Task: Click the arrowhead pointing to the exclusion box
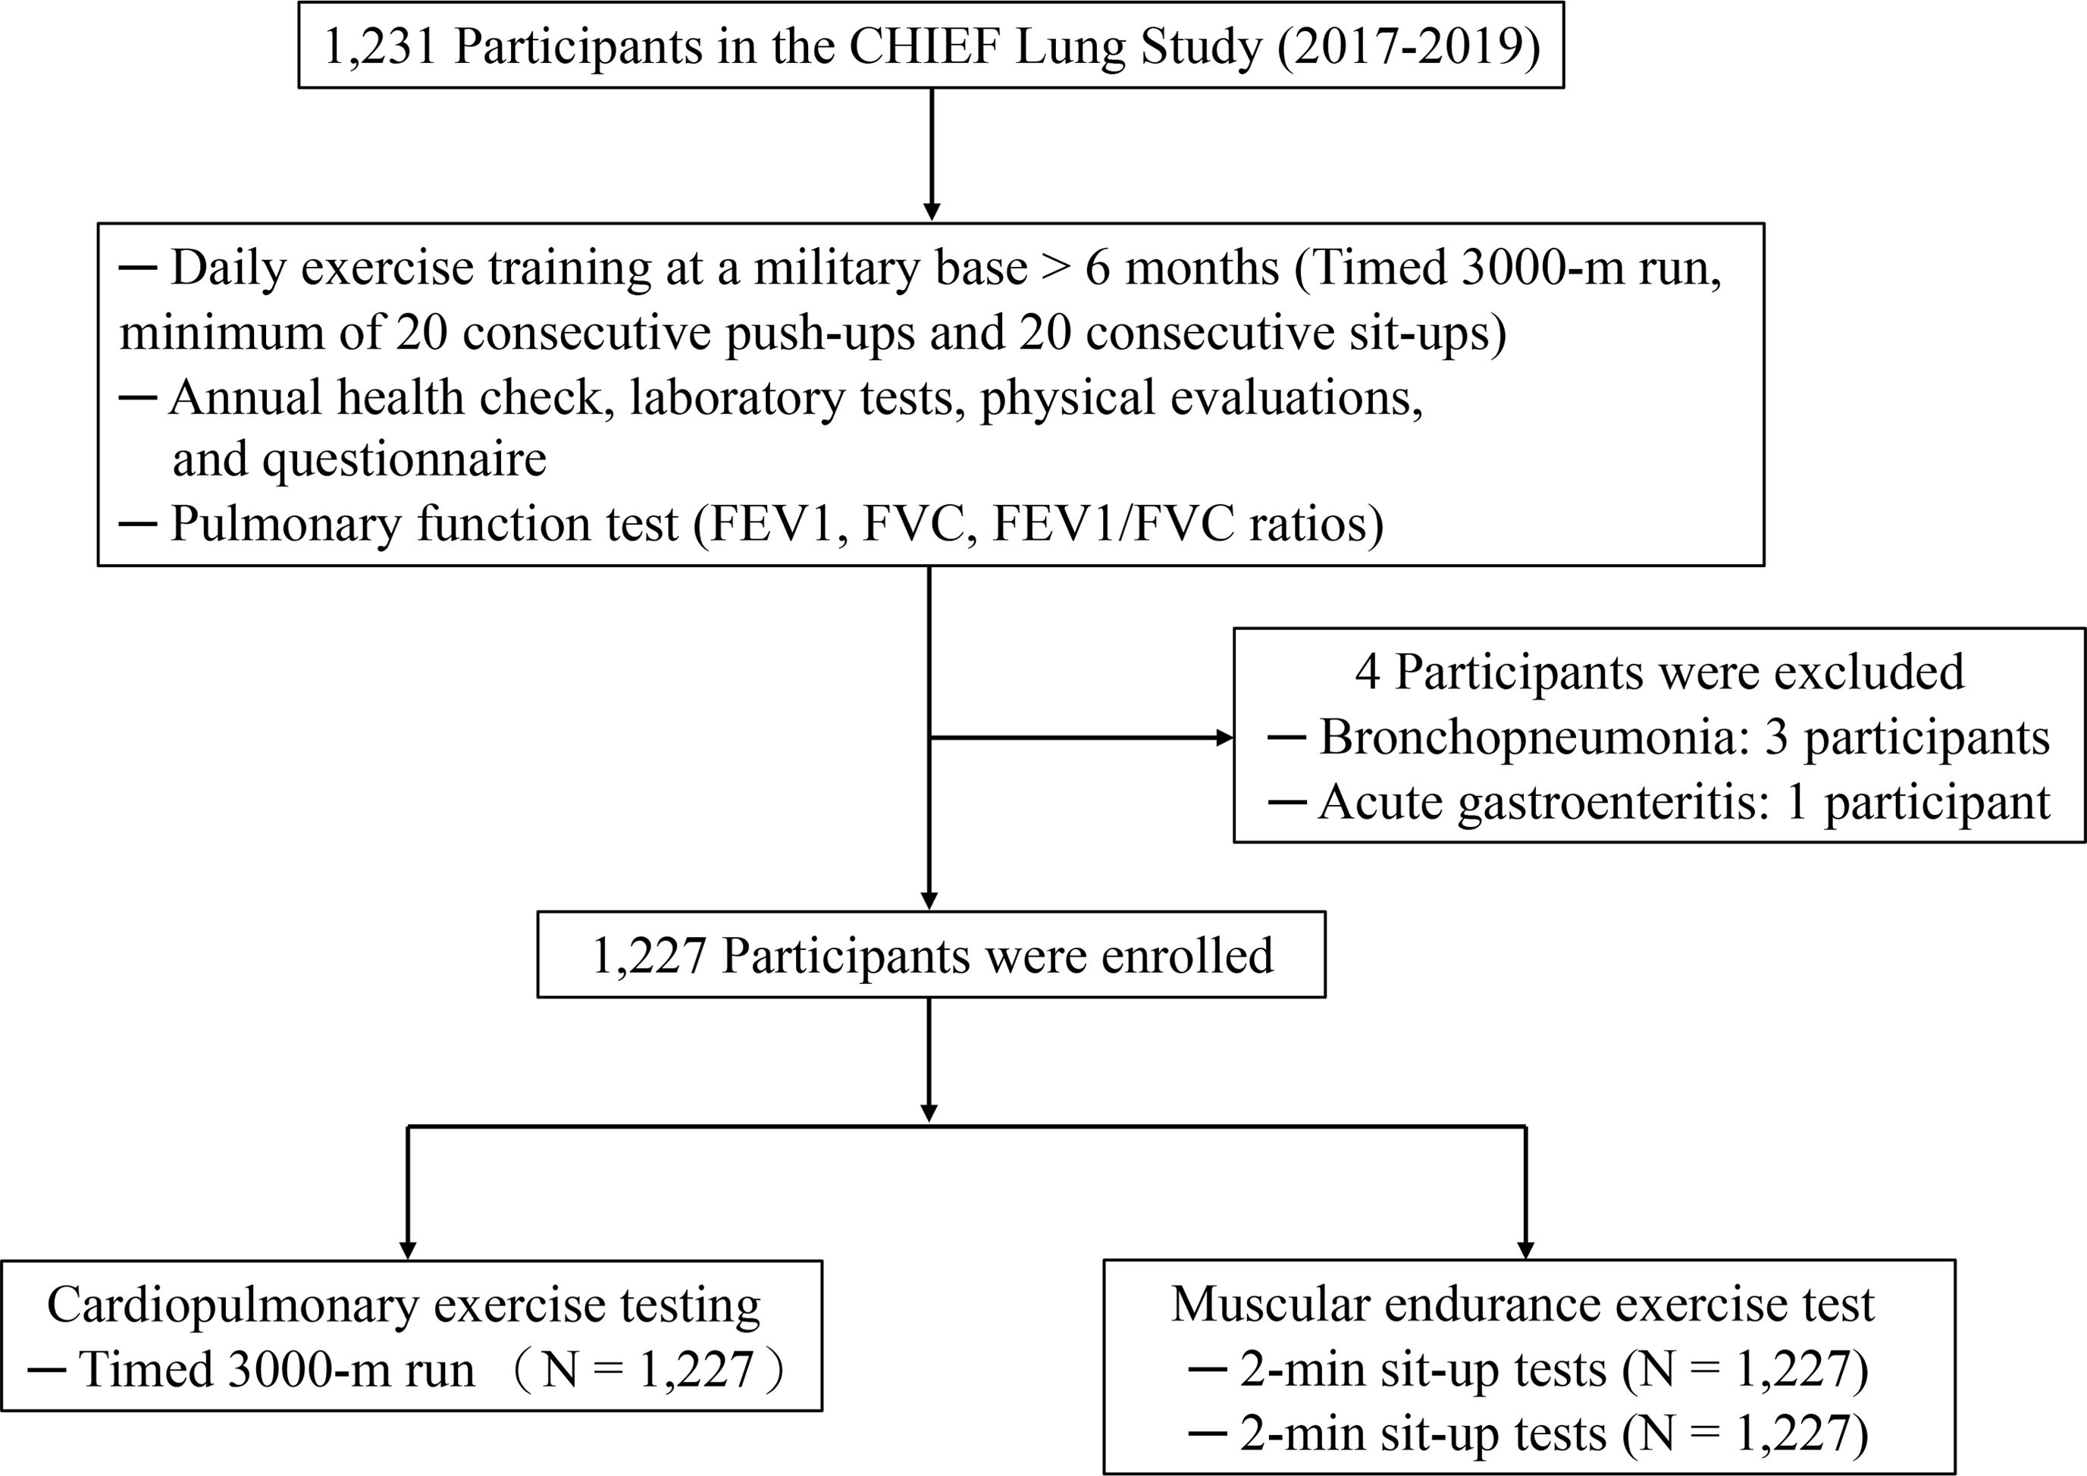[x=1224, y=738]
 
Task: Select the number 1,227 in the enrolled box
[x=649, y=955]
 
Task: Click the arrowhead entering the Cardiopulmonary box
[x=408, y=1251]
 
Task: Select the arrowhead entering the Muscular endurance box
[x=1525, y=1251]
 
